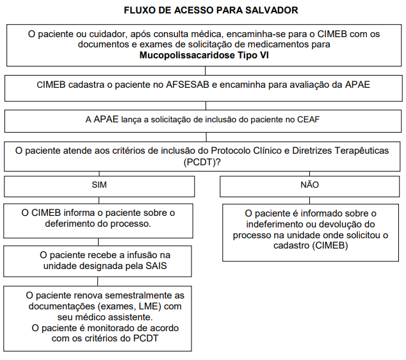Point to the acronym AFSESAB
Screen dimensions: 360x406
(x=190, y=85)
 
